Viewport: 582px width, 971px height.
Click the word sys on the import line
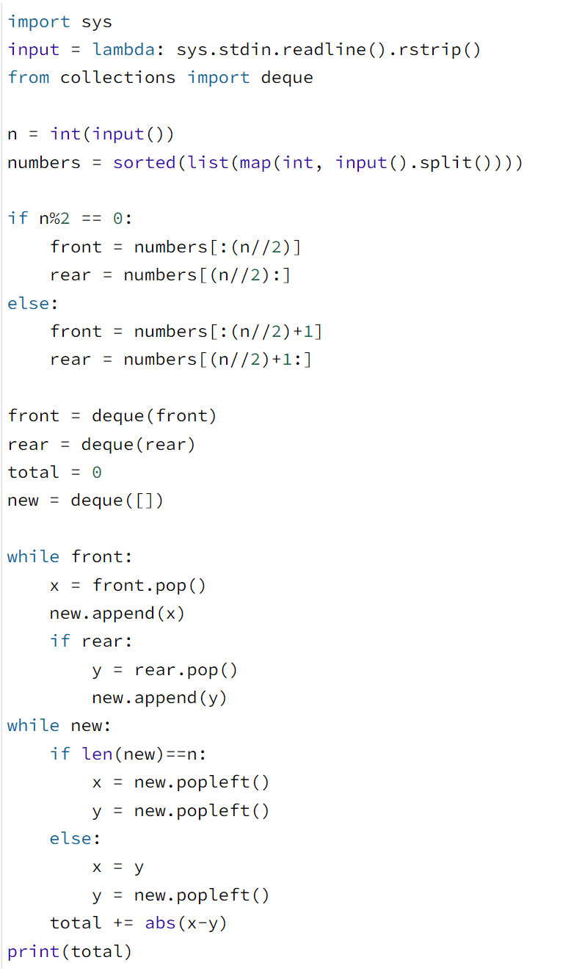97,22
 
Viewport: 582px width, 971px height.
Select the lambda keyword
123,50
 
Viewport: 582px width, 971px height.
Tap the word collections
117,78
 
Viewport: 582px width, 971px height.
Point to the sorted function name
145,162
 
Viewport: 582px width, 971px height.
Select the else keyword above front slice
28,303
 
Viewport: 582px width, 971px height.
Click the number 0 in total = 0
97,472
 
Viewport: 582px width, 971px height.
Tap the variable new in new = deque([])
23,501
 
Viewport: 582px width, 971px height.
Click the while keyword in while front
33,556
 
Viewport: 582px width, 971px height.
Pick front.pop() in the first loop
149,585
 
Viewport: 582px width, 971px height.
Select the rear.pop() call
186,669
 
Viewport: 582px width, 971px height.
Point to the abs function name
160,923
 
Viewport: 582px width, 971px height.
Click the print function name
33,952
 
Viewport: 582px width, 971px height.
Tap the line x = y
117,867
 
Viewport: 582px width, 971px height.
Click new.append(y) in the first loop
159,697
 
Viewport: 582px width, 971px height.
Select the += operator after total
123,923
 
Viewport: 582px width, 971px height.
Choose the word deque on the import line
287,78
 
